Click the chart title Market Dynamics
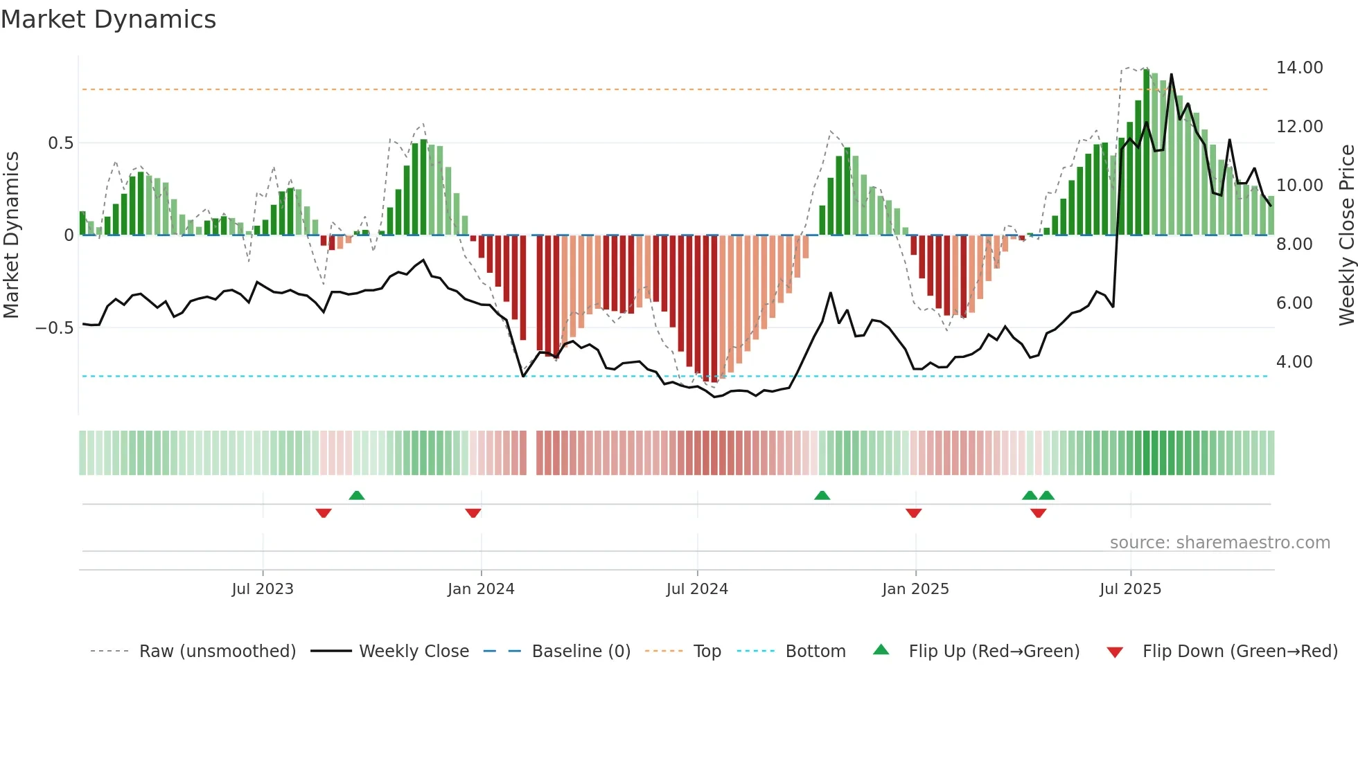108,19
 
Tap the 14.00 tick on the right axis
1299,68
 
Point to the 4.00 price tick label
1294,362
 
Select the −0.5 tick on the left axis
54,327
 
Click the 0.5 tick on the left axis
60,143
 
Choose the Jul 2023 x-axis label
263,589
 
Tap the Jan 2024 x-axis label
481,589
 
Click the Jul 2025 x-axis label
1130,589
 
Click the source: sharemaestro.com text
1219,543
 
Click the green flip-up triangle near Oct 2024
822,496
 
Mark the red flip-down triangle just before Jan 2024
473,513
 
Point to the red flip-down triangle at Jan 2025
913,513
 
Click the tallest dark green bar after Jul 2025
1147,152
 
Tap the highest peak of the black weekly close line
1172,75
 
